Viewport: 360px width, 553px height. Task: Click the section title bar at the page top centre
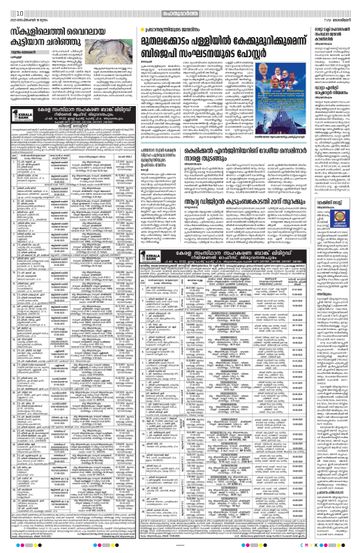coord(180,6)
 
